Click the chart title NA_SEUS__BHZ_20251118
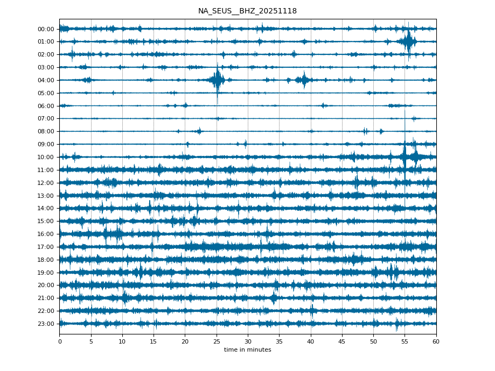247,11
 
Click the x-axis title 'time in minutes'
247,350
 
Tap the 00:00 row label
46,29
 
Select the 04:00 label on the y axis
46,80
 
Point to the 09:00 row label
46,144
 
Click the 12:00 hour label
46,183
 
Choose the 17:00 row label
46,247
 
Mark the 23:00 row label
46,324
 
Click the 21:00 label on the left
46,298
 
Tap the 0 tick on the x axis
59,341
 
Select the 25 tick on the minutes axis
217,341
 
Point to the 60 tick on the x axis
436,341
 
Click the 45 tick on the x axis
342,341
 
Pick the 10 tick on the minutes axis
122,341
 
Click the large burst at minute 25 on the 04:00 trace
217,80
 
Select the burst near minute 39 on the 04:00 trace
304,80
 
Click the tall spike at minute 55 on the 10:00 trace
405,156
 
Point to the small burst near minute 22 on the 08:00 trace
199,131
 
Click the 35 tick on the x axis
279,341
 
